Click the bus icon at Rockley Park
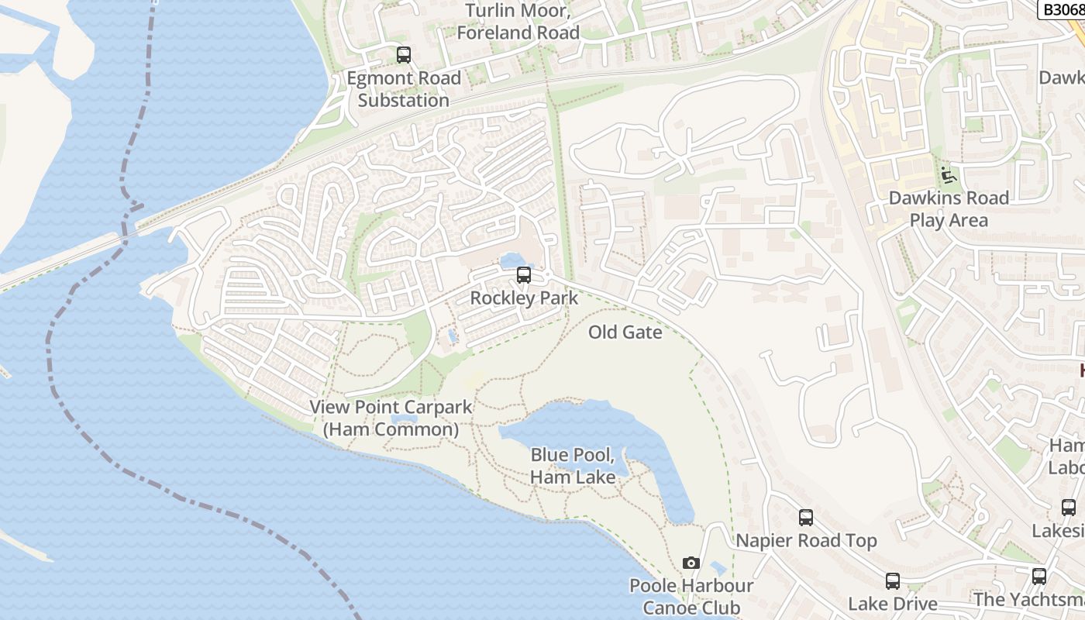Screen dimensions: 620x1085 (x=524, y=275)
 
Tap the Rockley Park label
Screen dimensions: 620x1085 (x=524, y=298)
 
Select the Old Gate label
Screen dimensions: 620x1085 (x=625, y=332)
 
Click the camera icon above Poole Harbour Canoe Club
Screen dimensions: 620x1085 (x=691, y=563)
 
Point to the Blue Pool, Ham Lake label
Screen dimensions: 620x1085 (x=573, y=466)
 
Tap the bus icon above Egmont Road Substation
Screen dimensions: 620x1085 (x=403, y=55)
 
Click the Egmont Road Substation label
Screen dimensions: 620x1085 (x=403, y=89)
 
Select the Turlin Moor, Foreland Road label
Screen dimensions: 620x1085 (x=518, y=22)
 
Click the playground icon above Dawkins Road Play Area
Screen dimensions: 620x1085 (x=948, y=175)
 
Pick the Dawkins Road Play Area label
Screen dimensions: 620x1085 (x=949, y=209)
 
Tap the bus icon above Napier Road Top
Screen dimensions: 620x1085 (x=806, y=518)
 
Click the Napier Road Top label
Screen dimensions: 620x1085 (x=806, y=541)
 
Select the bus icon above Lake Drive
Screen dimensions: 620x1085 (x=893, y=581)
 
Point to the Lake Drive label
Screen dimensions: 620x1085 (x=893, y=604)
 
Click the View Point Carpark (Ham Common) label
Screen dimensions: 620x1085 (x=391, y=418)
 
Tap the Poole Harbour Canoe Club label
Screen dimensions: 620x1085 (x=691, y=597)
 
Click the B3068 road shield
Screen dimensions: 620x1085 (x=1060, y=9)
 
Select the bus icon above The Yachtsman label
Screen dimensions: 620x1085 (x=1038, y=577)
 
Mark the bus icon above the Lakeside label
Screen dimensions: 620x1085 (x=1069, y=508)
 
